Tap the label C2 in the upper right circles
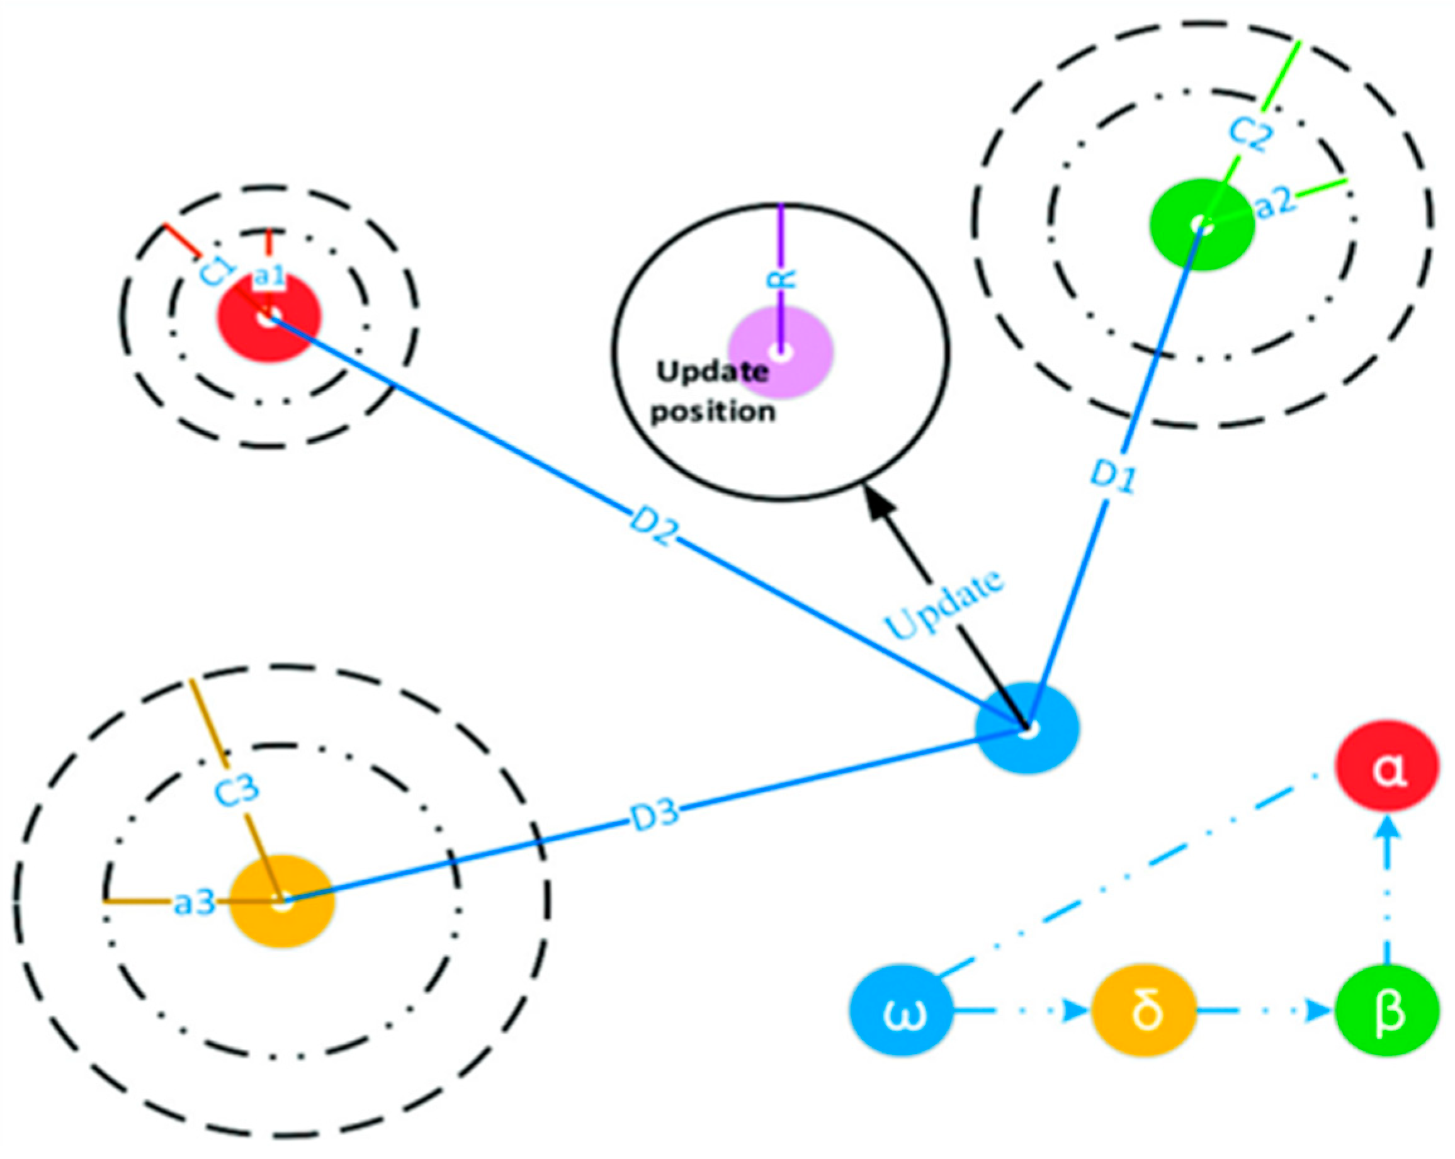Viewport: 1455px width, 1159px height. pos(1250,132)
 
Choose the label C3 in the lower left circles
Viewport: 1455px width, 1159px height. pos(237,788)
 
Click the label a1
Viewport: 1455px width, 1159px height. pos(269,276)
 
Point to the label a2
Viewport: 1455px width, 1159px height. pos(1276,202)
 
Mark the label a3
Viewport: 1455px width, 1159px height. pos(195,903)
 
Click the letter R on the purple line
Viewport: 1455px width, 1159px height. pos(782,279)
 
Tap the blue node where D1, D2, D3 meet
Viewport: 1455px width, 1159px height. pos(1027,728)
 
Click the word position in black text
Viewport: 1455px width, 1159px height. pos(713,412)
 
